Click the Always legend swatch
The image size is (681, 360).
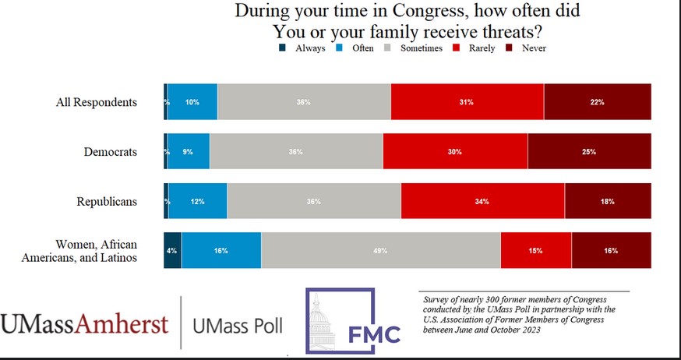282,48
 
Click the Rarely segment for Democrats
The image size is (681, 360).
455,152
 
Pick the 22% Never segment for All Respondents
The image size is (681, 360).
597,102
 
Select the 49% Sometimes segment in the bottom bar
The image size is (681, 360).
381,251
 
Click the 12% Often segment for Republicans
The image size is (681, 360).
198,202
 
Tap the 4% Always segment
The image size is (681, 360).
172,251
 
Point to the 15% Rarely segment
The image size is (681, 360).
536,251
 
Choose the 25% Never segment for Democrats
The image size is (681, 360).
589,152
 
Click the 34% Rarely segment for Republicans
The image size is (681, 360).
482,202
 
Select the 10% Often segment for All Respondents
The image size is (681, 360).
193,102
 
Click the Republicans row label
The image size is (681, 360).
107,202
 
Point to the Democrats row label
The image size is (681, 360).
110,152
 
